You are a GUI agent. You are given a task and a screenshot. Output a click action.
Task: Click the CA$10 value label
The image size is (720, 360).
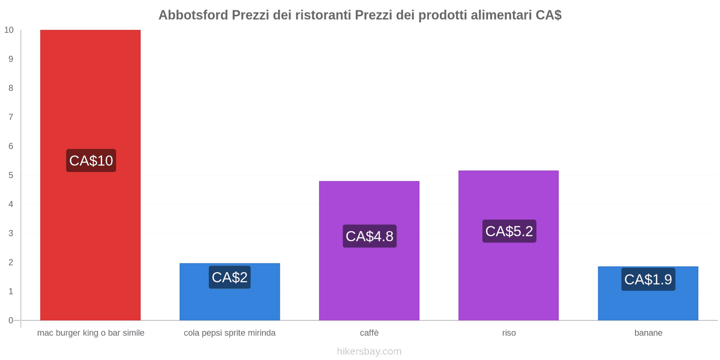[91, 161]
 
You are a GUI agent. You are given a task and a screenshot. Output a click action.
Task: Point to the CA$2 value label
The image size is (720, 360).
[229, 277]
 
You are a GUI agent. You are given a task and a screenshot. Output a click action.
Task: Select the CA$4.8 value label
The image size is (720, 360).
[369, 236]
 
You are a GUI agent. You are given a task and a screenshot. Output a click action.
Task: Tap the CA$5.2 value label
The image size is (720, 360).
[509, 231]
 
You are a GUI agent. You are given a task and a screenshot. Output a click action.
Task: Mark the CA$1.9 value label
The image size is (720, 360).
[648, 279]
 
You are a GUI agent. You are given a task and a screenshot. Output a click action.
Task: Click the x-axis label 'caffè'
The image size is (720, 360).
[369, 333]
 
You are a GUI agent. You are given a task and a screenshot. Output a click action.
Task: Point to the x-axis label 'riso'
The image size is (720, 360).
[509, 333]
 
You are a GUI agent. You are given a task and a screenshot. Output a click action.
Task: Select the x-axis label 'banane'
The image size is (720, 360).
[648, 333]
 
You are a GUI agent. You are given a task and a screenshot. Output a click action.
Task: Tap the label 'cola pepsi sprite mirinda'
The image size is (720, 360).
[229, 333]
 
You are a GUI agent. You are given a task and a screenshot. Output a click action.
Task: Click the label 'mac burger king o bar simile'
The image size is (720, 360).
[90, 333]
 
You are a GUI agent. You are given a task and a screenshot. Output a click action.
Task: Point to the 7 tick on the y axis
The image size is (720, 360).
[11, 117]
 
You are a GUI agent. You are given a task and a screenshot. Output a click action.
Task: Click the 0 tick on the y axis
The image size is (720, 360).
[11, 320]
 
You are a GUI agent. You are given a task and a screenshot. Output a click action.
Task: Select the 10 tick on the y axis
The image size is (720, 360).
[9, 30]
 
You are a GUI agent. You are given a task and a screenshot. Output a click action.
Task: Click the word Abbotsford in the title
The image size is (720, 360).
[193, 15]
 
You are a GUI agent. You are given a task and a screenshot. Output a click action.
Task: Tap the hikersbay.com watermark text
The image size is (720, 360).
[369, 351]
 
